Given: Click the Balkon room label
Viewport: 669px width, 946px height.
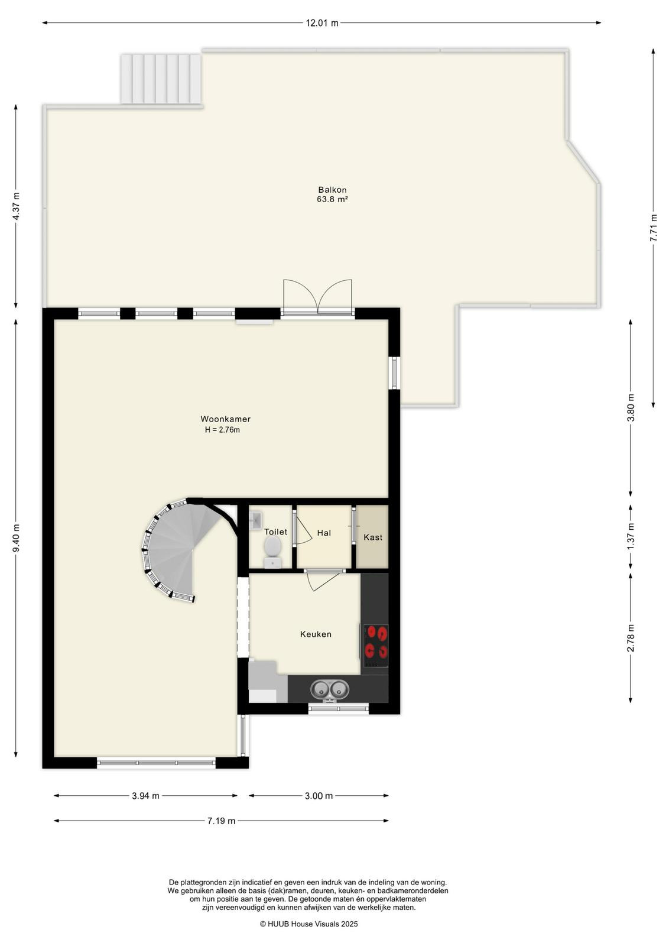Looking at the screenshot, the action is tap(332, 190).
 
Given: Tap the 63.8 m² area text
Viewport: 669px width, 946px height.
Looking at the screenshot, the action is tap(332, 199).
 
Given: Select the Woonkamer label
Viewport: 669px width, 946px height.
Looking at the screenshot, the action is tap(225, 419).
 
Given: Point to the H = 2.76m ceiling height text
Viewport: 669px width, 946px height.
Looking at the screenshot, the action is tap(222, 430).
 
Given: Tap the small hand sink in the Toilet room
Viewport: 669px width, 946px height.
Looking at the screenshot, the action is tap(255, 520).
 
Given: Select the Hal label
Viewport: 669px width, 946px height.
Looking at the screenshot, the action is tap(324, 533).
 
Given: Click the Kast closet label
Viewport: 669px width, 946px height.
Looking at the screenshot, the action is tap(373, 537).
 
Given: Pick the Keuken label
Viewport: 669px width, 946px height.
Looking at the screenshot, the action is tap(316, 634).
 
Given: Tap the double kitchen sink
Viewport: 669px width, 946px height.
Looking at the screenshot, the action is tap(330, 689).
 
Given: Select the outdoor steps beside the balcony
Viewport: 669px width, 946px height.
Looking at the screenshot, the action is tap(161, 79).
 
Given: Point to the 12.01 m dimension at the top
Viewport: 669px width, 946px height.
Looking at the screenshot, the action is tap(322, 23).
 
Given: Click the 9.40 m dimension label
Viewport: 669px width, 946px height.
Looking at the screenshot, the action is tap(16, 538).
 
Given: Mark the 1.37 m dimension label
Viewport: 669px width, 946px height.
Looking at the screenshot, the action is tap(631, 536).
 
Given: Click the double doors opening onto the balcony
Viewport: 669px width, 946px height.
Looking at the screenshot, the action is tap(317, 297).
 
